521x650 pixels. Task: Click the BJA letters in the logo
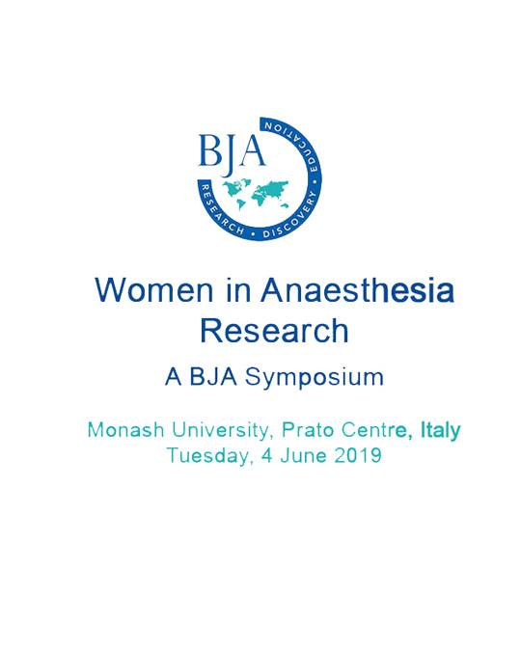click(x=232, y=151)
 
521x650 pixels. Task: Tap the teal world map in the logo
click(x=256, y=194)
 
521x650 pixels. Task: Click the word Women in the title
click(x=154, y=289)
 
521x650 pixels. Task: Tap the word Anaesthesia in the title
click(x=357, y=289)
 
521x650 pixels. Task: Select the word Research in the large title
click(x=274, y=331)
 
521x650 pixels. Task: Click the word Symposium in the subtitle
click(x=314, y=378)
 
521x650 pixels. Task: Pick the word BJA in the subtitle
click(x=213, y=377)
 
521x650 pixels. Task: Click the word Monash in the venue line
click(x=126, y=430)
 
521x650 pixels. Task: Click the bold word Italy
click(x=441, y=431)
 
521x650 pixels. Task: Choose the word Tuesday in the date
click(x=210, y=456)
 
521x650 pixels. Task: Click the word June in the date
click(x=303, y=455)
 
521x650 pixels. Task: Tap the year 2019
click(x=358, y=455)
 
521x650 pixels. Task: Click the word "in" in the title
click(x=238, y=289)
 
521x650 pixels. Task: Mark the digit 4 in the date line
click(x=266, y=455)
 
